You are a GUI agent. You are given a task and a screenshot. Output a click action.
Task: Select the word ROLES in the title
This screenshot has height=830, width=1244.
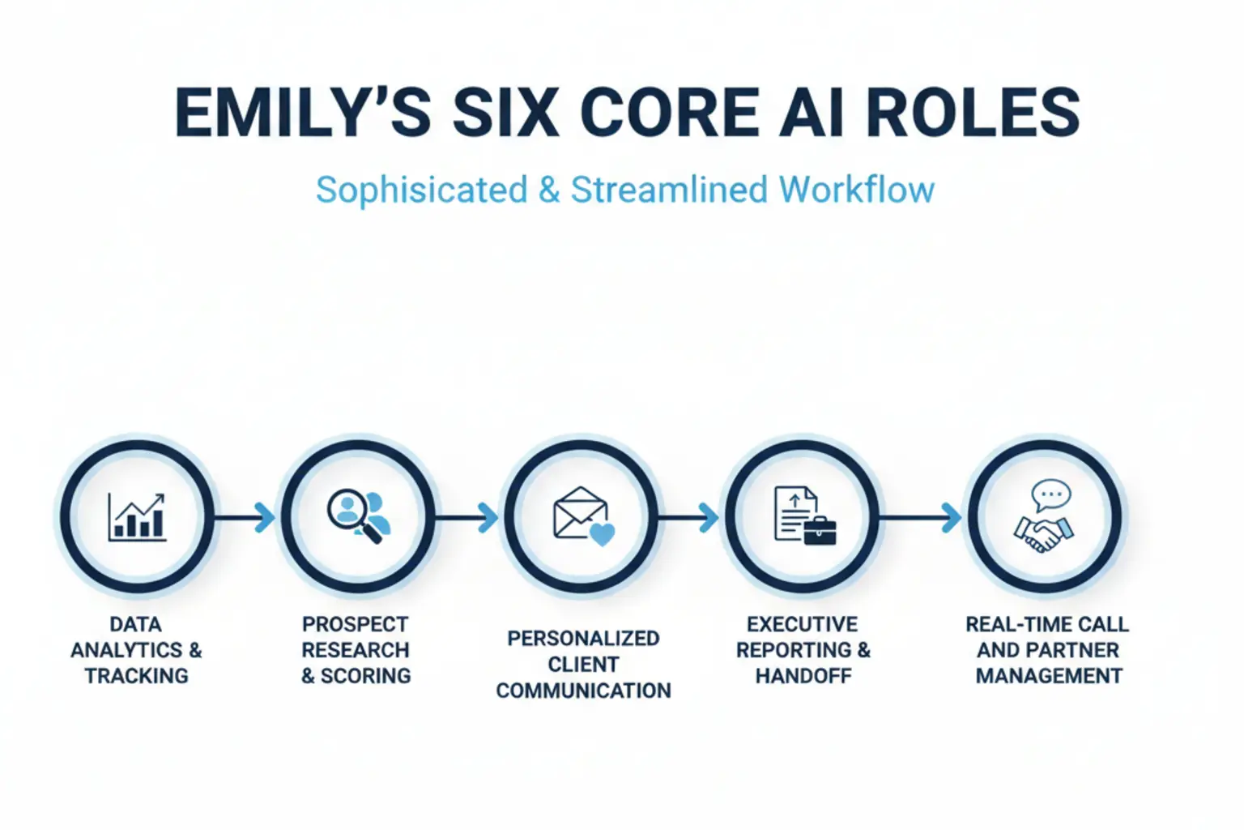coord(973,113)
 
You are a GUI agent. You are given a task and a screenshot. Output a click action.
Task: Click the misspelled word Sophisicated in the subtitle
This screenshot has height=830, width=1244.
coord(421,190)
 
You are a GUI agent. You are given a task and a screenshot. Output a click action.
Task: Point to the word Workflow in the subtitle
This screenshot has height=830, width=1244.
coord(857,190)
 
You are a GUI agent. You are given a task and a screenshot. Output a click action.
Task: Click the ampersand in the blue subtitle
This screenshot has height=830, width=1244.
coord(549,190)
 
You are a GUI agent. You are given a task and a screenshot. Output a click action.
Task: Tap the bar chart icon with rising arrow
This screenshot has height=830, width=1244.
coord(137,517)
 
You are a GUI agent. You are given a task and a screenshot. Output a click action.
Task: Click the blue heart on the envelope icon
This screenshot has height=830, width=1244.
coord(602,534)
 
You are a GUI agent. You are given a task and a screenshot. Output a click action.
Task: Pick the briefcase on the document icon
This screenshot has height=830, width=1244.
coord(820,531)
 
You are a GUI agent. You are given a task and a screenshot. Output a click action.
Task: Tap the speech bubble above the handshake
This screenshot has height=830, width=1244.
coord(1051,494)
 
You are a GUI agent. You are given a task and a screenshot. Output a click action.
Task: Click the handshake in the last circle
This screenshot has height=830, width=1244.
coord(1043,533)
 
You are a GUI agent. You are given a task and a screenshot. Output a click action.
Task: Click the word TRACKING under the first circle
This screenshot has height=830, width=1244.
coord(136,676)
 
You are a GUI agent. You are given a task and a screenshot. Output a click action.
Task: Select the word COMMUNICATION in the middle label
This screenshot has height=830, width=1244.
coord(583,691)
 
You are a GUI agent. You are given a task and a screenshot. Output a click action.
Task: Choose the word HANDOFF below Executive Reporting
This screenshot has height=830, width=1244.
coord(803,676)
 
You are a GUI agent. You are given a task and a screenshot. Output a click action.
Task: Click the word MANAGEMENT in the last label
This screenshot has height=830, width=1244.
coord(1049,676)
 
